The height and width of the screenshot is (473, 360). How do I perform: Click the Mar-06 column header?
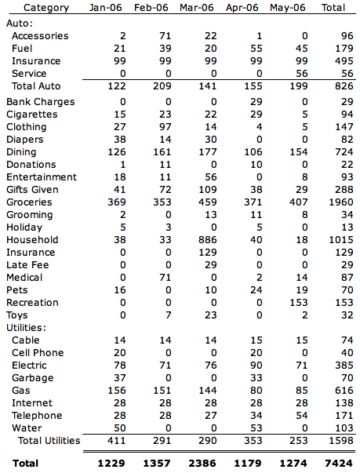[197, 8]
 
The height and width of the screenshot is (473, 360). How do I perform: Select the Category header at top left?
[46, 8]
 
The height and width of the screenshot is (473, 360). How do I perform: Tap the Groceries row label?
[29, 202]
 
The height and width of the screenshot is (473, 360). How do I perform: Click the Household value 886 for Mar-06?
[207, 240]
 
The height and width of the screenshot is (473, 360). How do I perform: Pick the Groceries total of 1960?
[341, 202]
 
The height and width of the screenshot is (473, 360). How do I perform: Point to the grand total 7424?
[339, 464]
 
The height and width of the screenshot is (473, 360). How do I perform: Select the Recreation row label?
[32, 303]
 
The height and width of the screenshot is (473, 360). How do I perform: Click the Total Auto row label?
[36, 86]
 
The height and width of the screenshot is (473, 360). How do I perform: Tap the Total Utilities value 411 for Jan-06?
[116, 441]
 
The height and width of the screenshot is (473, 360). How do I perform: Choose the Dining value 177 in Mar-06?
[207, 152]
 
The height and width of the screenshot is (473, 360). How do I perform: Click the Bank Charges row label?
[41, 102]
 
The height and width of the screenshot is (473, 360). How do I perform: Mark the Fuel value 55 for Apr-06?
[256, 49]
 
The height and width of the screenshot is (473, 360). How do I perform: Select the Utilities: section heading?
[26, 328]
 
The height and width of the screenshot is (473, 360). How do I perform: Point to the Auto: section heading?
[20, 24]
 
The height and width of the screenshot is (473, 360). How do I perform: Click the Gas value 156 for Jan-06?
[116, 391]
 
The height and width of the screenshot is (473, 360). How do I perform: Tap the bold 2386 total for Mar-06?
[202, 464]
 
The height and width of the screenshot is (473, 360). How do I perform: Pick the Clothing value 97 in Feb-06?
[165, 127]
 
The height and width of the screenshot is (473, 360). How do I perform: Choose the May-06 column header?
[288, 8]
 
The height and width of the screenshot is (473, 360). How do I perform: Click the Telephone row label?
[37, 416]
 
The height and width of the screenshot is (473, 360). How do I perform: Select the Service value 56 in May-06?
[301, 74]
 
